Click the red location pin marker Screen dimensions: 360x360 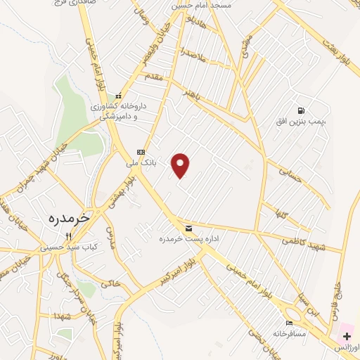(181, 165)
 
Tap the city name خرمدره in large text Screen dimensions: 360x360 (69, 218)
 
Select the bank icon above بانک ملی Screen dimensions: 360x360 (141, 152)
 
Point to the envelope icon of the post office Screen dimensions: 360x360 (188, 229)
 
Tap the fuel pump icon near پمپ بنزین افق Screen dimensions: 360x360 (301, 110)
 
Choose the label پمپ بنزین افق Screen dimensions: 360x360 (301, 122)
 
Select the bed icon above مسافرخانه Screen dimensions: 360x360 (280, 323)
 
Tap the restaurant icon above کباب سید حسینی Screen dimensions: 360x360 (68, 236)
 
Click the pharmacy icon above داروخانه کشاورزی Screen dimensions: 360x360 (119, 96)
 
